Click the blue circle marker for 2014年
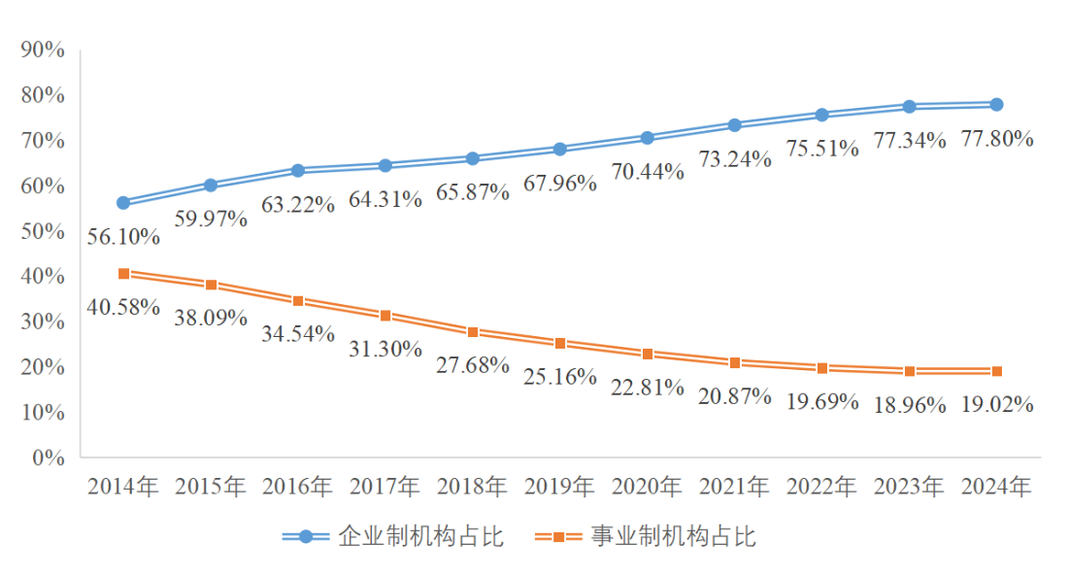click(123, 203)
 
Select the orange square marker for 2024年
click(997, 371)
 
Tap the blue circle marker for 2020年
click(648, 138)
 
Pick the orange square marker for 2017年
click(385, 316)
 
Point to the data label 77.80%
click(996, 139)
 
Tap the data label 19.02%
click(996, 404)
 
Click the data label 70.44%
click(648, 172)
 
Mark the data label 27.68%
click(473, 365)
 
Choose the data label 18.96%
click(909, 405)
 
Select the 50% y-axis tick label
click(42, 231)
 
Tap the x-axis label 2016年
click(298, 486)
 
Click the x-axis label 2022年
click(822, 486)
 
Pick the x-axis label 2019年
click(560, 486)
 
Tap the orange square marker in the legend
click(558, 536)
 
